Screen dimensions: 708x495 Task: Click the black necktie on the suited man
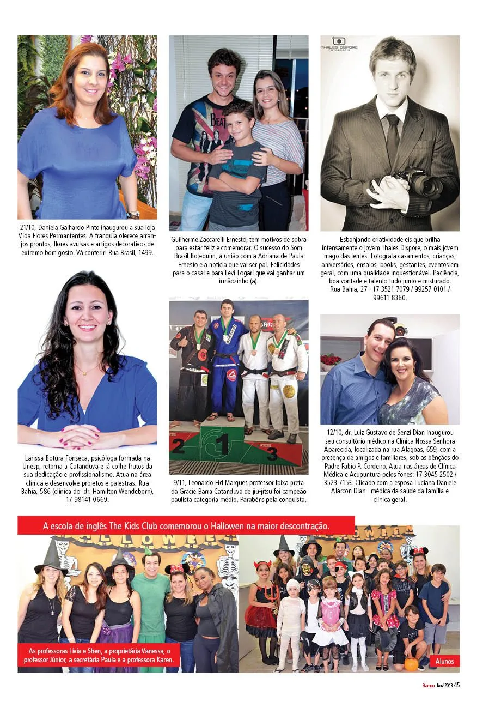point(392,136)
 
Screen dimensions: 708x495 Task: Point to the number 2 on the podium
point(178,446)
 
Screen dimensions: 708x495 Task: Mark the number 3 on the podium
point(272,453)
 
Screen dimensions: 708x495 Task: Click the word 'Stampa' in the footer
point(427,686)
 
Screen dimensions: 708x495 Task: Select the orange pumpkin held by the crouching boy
point(411,665)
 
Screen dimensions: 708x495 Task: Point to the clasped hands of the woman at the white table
point(80,435)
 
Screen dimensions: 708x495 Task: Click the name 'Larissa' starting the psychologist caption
point(36,458)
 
